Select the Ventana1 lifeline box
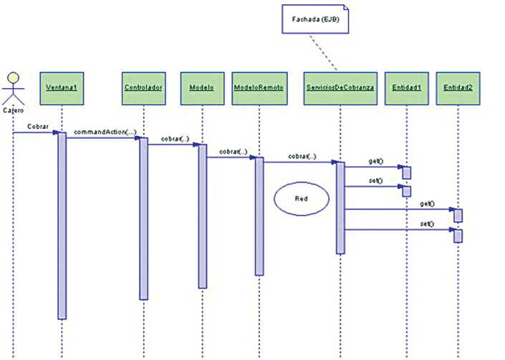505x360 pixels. coord(62,87)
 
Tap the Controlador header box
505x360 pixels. coord(143,87)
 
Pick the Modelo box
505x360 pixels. coord(202,87)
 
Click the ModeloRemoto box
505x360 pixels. coord(259,87)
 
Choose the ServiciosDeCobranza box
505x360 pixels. coord(340,87)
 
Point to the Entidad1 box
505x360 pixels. coord(406,87)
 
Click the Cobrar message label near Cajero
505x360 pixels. coord(39,126)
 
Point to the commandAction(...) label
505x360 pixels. coord(105,131)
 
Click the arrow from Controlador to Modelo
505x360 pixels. coord(173,145)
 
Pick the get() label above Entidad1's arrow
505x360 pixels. coord(374,162)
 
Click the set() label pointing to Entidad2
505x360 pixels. coord(426,223)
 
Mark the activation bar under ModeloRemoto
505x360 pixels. coord(259,215)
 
